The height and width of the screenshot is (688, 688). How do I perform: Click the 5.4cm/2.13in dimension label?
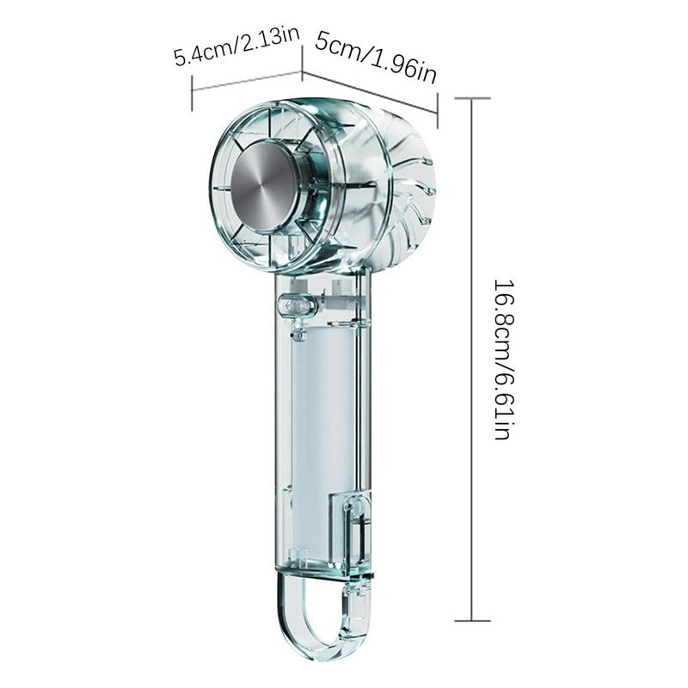(237, 46)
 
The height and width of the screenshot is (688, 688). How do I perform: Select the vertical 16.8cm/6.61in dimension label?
(502, 359)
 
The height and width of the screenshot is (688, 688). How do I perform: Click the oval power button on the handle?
(297, 304)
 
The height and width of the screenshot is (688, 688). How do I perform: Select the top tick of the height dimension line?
(472, 98)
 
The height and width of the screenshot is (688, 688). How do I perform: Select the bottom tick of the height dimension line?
(472, 620)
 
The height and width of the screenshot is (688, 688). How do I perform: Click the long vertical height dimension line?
(472, 359)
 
